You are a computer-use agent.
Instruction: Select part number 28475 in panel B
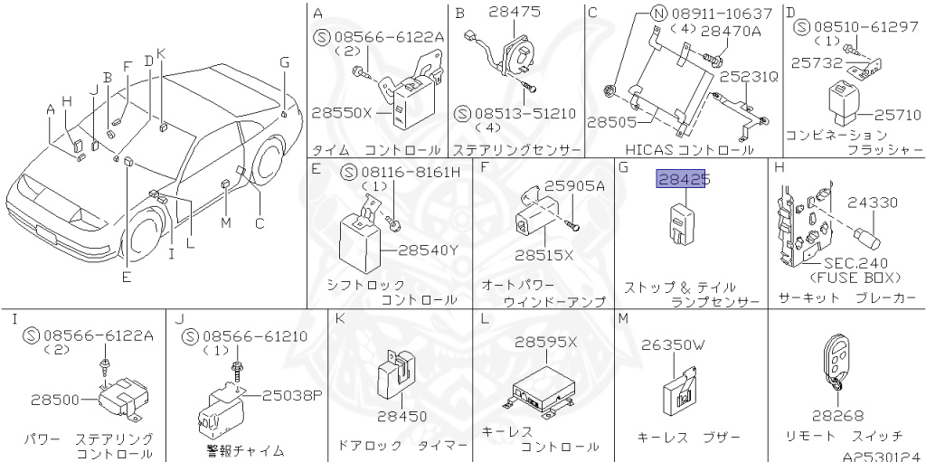513,13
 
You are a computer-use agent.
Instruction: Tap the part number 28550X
342,115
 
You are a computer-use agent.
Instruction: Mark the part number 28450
402,417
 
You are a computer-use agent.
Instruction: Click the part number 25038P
292,394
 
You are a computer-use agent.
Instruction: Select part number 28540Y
428,249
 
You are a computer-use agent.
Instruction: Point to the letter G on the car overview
284,61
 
